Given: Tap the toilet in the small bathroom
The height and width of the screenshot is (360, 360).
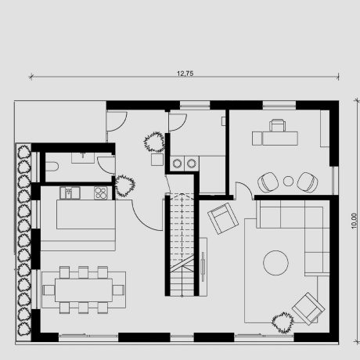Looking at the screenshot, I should click(52, 166).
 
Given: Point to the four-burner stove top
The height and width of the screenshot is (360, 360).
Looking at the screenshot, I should click(101, 192).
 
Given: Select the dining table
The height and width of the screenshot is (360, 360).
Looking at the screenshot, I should click(82, 290).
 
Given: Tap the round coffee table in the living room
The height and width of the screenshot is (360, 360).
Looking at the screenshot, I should click(276, 262).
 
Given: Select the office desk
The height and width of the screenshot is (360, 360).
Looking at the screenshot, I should click(275, 138).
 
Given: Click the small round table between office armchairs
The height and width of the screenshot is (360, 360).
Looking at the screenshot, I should click(288, 182).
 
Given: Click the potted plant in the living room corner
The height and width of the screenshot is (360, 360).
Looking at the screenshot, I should click(282, 321).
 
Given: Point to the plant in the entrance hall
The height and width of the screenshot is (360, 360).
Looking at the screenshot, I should click(153, 142).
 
